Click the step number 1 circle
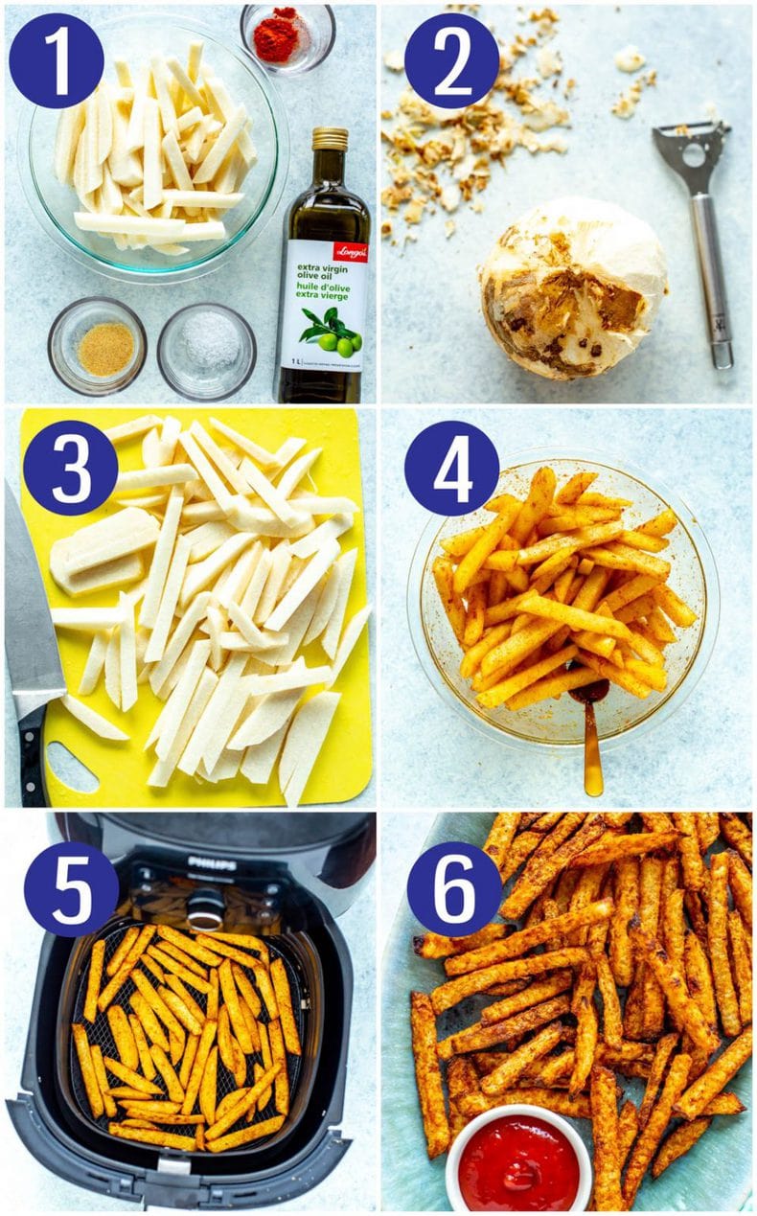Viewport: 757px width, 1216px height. [56, 60]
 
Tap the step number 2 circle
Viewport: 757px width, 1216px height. [450, 60]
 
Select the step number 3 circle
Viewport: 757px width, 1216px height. [70, 468]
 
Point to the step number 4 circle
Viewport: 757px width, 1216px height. [450, 468]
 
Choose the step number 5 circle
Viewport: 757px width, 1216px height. [70, 888]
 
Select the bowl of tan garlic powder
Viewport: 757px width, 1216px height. [97, 346]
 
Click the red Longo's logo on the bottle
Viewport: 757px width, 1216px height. [350, 252]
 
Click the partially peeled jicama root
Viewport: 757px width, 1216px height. [573, 287]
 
